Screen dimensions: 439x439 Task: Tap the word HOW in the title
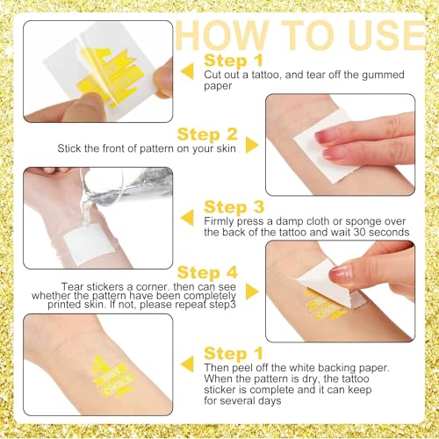pos(221,35)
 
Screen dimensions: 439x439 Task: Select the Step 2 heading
pos(207,134)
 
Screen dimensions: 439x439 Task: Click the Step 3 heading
pos(234,207)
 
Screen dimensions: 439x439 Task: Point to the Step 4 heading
pos(207,272)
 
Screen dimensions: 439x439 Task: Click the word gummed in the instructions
pos(383,76)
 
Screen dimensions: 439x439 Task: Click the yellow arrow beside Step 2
pos(252,145)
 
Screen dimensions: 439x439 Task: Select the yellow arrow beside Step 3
pos(187,218)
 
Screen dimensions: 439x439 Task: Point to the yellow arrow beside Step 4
pos(252,291)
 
